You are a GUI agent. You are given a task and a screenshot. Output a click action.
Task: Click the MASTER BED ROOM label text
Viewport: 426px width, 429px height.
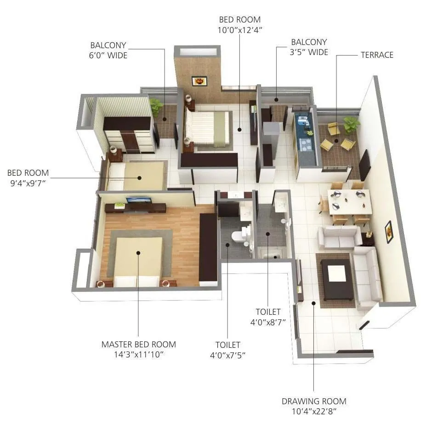click(138, 344)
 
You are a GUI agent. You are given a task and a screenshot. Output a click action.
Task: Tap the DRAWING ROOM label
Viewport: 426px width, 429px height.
click(314, 401)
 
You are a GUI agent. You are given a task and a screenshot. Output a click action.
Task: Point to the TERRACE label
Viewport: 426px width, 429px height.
click(377, 55)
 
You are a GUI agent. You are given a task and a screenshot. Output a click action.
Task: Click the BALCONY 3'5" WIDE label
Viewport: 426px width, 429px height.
click(309, 47)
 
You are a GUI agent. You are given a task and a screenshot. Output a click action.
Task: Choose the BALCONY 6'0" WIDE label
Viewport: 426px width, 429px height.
click(108, 50)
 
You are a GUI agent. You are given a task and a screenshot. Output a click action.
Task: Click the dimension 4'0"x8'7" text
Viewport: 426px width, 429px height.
click(268, 322)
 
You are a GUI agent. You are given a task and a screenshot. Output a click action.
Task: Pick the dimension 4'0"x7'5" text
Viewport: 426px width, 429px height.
click(227, 355)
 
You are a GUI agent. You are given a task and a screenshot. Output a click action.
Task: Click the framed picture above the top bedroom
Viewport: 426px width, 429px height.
click(199, 81)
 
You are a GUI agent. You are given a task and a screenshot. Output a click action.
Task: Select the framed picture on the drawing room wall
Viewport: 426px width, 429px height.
click(389, 231)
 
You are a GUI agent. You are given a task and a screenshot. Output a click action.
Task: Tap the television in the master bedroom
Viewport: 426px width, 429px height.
click(138, 200)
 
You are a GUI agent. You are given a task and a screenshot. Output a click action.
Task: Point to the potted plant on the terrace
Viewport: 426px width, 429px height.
click(352, 123)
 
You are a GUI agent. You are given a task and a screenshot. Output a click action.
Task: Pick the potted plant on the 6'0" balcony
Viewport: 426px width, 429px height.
click(156, 106)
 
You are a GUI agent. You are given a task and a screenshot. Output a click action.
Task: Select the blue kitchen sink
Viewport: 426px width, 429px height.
click(303, 121)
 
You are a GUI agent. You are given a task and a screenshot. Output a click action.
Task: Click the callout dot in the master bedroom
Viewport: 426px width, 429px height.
click(138, 252)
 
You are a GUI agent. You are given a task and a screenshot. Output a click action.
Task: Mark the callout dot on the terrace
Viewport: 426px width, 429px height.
click(336, 141)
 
